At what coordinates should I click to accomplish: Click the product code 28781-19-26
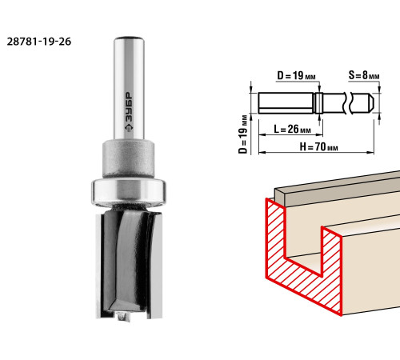point(39,42)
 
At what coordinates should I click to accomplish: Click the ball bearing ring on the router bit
point(129,192)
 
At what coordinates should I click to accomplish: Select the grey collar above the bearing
point(129,158)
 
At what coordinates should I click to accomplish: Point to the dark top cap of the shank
point(129,38)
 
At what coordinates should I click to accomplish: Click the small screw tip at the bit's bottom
point(123,316)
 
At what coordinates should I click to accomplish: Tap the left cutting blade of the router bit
point(99,266)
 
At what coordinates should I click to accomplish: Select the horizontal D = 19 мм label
point(296,75)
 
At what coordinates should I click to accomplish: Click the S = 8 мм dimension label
point(364,75)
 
